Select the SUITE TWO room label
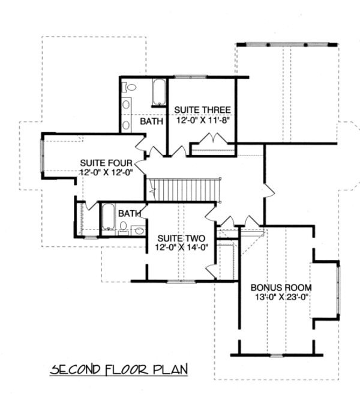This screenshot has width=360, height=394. (176, 237)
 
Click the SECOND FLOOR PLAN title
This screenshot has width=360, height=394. (119, 368)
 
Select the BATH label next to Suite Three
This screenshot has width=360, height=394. (151, 121)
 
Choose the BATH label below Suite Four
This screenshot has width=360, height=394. (129, 213)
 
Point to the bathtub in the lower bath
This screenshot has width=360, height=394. (109, 217)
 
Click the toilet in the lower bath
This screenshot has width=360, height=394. (124, 226)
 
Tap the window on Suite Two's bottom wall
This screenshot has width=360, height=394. (178, 280)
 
